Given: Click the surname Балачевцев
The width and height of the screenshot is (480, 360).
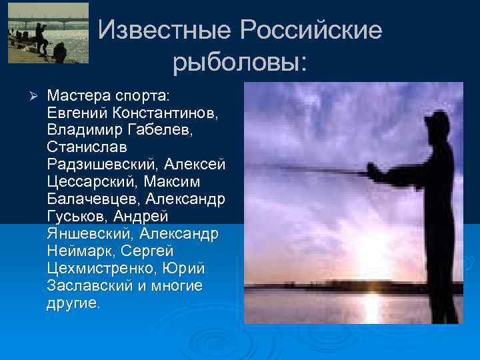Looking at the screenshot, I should pyautogui.click(x=92, y=199).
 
